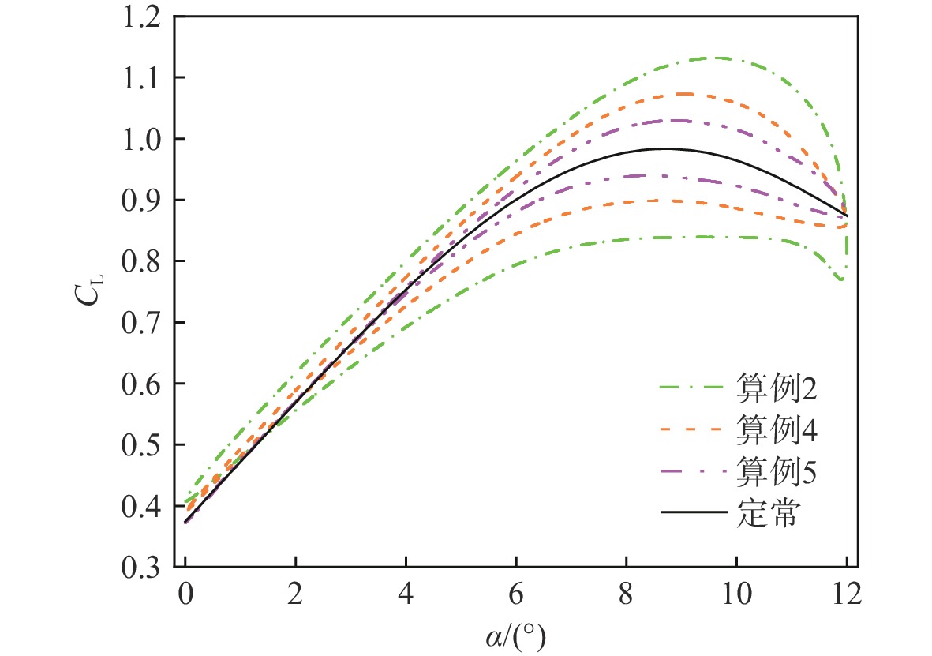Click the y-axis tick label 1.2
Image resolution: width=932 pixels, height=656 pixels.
coord(145,17)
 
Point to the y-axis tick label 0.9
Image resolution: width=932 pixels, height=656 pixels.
coord(145,201)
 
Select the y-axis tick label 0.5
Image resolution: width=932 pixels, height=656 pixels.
coord(145,445)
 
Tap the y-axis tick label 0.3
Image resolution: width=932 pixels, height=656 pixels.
coord(145,568)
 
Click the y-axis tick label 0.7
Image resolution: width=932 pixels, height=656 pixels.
coord(145,323)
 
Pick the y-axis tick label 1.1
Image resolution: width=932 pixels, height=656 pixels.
coord(145,78)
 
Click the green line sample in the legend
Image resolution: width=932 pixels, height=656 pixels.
coord(693,388)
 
